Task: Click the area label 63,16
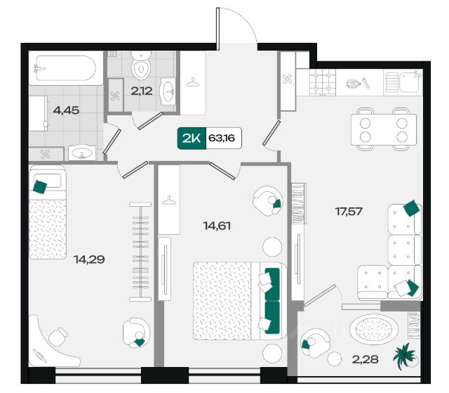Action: pos(222,138)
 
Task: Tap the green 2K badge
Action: pos(192,138)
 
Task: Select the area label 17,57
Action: pos(349,212)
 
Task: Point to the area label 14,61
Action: pos(217,226)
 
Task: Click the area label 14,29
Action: pos(89,259)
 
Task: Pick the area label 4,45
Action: pos(66,110)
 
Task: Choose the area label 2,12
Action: pos(142,91)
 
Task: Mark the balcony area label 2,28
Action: pos(366,359)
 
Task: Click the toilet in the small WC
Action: pos(141,65)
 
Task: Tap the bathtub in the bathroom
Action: pos(65,68)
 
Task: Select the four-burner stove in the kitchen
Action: pos(323,82)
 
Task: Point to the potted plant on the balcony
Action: pos(404,356)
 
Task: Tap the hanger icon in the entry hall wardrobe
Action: pos(193,82)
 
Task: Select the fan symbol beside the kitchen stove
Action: pos(287,79)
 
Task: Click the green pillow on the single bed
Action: pos(40,187)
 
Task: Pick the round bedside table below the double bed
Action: pos(272,353)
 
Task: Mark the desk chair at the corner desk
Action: pos(58,337)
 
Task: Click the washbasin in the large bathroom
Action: pos(82,153)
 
